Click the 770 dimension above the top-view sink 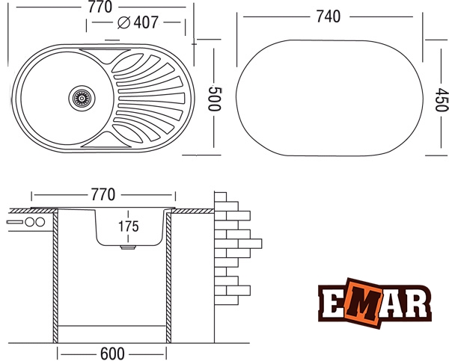tap(100, 7)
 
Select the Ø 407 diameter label tap(138, 22)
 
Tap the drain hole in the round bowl tap(82, 96)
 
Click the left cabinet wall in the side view tap(55, 277)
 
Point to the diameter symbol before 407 tap(123, 22)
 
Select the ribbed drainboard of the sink tap(146, 96)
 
